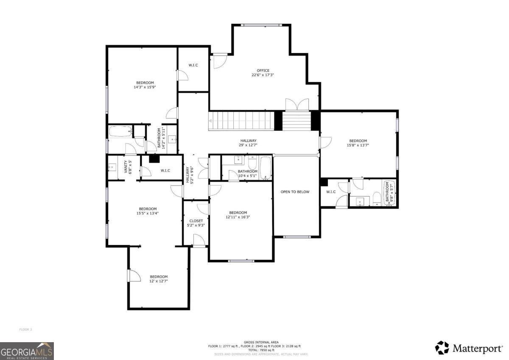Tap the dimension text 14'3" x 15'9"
[x=145, y=87]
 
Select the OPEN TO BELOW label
[x=295, y=192]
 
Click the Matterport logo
[x=469, y=348]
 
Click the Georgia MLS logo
[x=27, y=351]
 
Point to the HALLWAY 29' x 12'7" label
[x=248, y=143]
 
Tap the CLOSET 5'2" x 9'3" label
[x=196, y=223]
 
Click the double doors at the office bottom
[x=297, y=105]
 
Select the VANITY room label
[x=126, y=167]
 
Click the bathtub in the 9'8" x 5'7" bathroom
[x=388, y=193]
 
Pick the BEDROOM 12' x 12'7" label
[x=159, y=278]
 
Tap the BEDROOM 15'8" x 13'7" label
[x=358, y=143]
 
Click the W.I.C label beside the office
[x=193, y=65]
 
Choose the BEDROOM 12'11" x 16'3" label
[x=238, y=215]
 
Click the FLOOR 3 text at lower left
[x=25, y=329]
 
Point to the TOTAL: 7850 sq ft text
[x=258, y=350]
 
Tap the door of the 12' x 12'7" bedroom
[x=134, y=276]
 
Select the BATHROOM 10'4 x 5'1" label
[x=248, y=173]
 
